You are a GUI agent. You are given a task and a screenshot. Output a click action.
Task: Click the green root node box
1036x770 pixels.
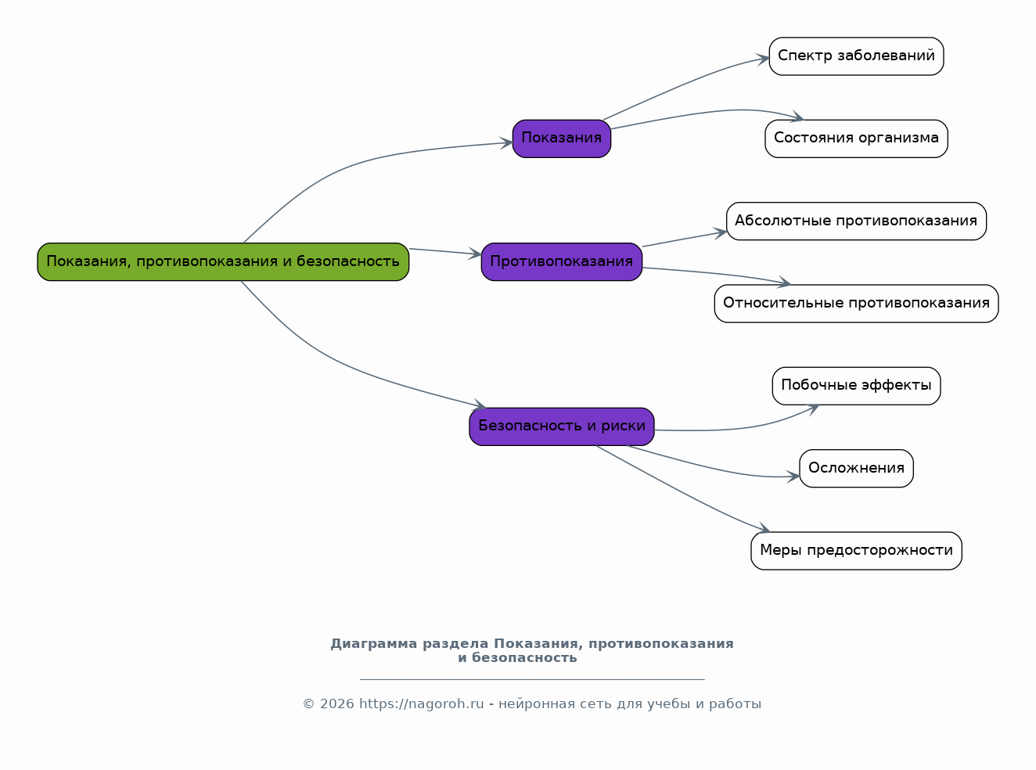tap(223, 261)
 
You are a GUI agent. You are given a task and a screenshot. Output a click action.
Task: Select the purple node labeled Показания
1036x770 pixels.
tap(562, 139)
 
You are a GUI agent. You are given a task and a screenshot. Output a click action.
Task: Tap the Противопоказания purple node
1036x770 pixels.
tap(562, 261)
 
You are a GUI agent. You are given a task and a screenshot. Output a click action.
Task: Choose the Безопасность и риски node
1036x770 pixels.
tap(562, 426)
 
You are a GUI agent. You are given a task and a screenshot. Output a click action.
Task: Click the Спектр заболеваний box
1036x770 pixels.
tap(856, 56)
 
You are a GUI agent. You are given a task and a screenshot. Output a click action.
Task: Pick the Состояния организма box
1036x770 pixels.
tap(856, 139)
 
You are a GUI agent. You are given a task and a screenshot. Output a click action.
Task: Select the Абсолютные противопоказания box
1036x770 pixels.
tap(856, 221)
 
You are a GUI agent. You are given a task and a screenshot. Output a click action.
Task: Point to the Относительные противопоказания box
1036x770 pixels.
tap(856, 304)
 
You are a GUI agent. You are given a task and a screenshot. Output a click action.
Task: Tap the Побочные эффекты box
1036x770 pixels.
tap(856, 386)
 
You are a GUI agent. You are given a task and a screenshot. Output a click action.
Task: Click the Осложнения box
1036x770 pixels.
tap(856, 468)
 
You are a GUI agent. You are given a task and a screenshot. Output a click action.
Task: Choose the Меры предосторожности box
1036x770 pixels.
tap(856, 550)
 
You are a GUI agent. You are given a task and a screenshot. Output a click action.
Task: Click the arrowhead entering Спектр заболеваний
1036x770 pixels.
tap(763, 59)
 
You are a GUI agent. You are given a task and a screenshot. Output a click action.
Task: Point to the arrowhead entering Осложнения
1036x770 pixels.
tap(793, 477)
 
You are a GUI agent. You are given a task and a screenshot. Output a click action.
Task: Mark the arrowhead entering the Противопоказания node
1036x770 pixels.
tap(475, 254)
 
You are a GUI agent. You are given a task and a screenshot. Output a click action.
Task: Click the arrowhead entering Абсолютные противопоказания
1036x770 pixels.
tap(720, 232)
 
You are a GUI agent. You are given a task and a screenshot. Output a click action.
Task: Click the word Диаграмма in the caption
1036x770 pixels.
tap(374, 644)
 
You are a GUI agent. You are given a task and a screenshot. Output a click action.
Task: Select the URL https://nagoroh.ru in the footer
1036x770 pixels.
tap(421, 703)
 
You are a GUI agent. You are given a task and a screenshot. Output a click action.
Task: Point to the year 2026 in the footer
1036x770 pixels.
tap(336, 703)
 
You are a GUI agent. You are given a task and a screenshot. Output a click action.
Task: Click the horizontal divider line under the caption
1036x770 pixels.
tap(532, 679)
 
